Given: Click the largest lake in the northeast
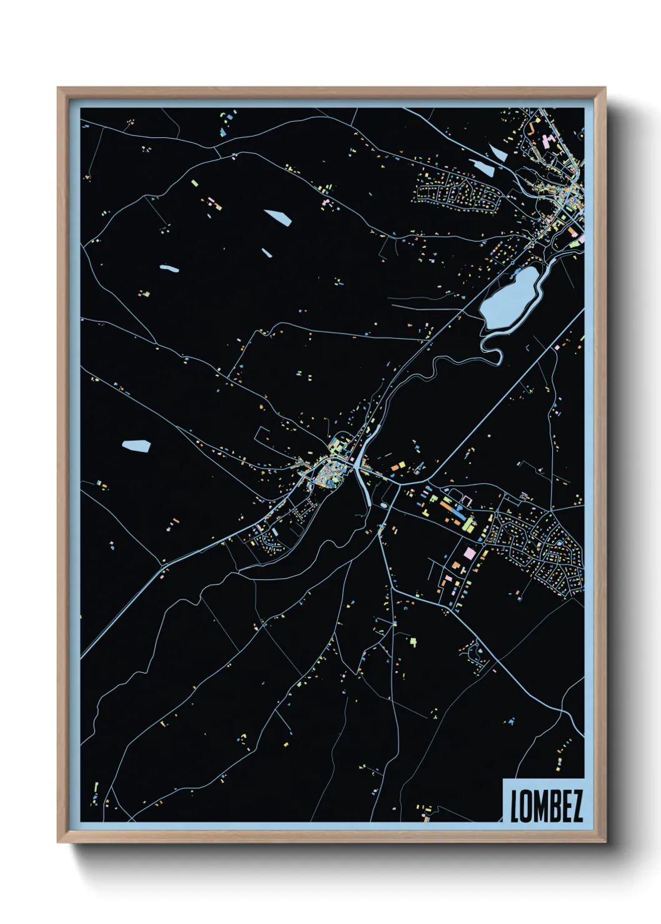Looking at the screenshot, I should coord(509,298).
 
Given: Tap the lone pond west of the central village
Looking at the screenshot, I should coord(136,446).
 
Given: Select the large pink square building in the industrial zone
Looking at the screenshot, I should coord(469,553).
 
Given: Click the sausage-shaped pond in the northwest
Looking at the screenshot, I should coord(169,269).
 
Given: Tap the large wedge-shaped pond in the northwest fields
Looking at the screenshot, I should coord(278,217).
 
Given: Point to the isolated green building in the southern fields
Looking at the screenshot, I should coord(413,640).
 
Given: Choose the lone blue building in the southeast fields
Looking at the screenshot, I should coord(511,722).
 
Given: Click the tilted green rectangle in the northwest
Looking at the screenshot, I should coord(194,183).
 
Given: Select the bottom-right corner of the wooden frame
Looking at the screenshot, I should coord(605,842).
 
